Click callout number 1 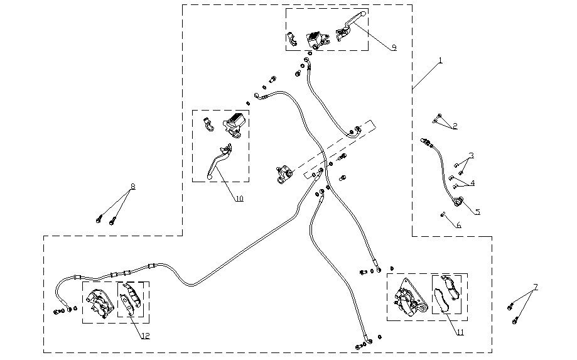[x=441, y=60]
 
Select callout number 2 [x=455, y=126]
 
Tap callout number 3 [x=471, y=155]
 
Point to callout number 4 [x=472, y=183]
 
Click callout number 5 [x=477, y=212]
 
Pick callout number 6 [x=458, y=225]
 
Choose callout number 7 [x=535, y=288]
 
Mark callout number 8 [x=132, y=187]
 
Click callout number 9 [x=393, y=48]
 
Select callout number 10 [x=239, y=199]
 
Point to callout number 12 [x=145, y=336]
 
